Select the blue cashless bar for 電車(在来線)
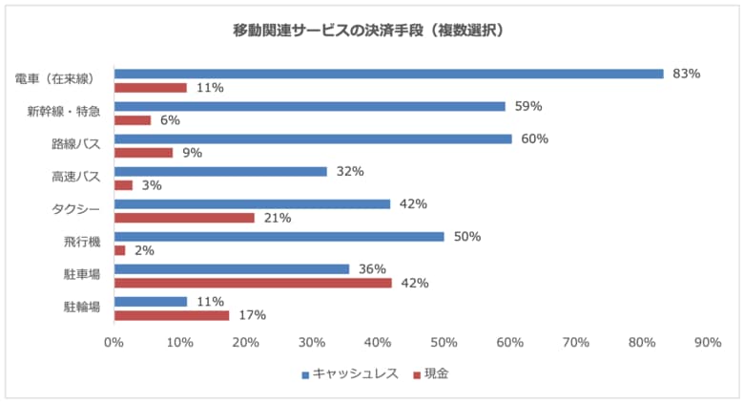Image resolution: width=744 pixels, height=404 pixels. (x=388, y=74)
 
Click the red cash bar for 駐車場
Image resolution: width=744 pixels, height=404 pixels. (x=253, y=283)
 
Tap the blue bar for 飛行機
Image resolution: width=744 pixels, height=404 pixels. (x=279, y=236)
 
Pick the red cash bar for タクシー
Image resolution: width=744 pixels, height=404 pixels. (x=184, y=218)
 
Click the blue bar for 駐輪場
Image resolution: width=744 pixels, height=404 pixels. (x=151, y=301)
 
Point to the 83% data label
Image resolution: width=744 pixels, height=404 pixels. (x=687, y=74)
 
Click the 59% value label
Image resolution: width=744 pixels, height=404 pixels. (x=528, y=106)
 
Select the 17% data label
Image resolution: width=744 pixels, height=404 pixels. (x=252, y=315)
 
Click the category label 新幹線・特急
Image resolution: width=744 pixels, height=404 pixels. (x=64, y=113)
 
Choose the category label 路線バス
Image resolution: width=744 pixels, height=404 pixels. (x=76, y=145)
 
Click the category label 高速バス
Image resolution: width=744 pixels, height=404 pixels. (x=76, y=178)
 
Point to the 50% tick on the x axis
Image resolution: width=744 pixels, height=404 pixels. (x=444, y=342)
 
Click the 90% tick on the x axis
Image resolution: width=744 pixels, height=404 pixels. (x=708, y=342)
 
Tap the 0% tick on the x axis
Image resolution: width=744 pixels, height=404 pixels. (x=114, y=342)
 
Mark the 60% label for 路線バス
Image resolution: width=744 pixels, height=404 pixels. (x=535, y=138)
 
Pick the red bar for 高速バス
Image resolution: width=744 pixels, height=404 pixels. (x=123, y=185)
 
